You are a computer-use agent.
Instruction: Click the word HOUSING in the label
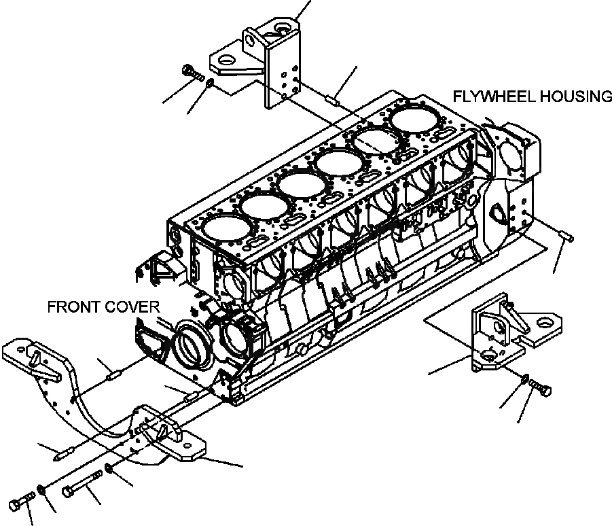575,97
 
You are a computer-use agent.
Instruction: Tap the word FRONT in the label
73,307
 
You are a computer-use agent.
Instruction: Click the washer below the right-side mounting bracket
526,380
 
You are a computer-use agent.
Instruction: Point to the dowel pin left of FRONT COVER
110,370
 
